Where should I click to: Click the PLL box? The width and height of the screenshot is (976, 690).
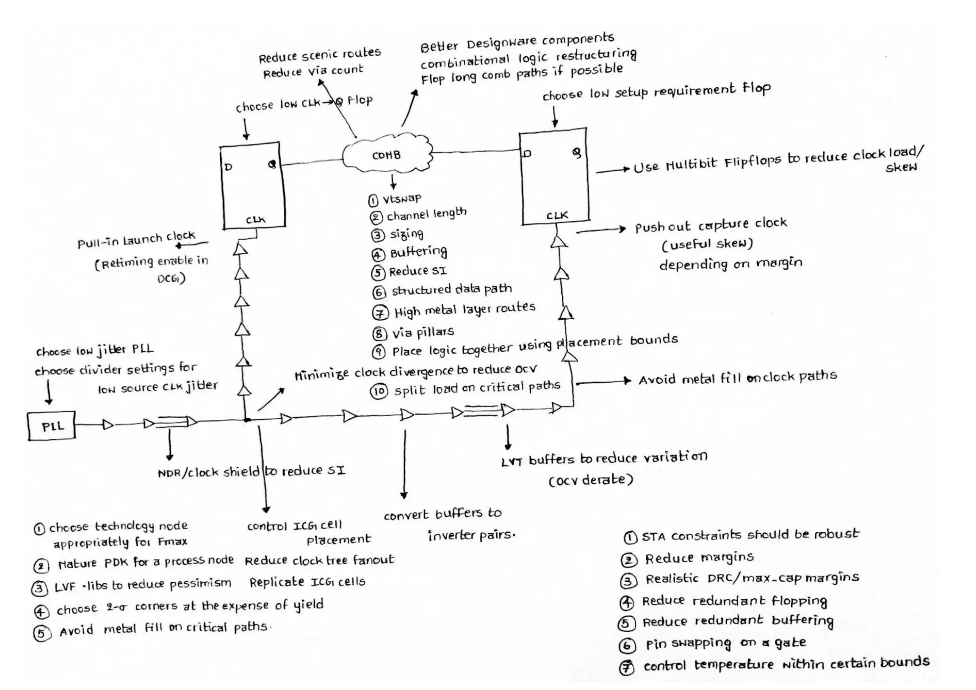[x=51, y=426]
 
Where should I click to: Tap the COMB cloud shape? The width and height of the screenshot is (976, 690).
[x=387, y=154]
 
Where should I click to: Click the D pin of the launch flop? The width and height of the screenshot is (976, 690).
[x=228, y=167]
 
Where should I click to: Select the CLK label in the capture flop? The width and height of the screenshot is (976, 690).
[x=557, y=215]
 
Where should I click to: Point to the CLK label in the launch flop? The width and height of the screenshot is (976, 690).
[x=255, y=220]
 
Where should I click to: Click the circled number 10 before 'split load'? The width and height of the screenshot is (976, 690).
[x=379, y=392]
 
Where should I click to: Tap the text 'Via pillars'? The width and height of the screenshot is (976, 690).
[x=423, y=332]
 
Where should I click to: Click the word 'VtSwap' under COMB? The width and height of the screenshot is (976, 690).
[x=402, y=198]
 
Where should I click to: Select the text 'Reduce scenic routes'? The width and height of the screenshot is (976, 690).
[x=319, y=55]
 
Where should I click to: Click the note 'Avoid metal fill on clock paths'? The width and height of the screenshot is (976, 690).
[x=737, y=378]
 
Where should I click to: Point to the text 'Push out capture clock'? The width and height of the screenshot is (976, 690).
[x=711, y=225]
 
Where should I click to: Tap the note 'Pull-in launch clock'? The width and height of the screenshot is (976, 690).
[x=136, y=239]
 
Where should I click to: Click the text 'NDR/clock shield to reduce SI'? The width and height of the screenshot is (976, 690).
[x=252, y=471]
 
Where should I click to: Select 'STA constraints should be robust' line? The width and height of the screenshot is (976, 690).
[x=750, y=535]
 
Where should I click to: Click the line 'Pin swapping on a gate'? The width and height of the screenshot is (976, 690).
[x=725, y=643]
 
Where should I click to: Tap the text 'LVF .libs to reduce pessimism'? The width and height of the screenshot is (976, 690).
[x=142, y=585]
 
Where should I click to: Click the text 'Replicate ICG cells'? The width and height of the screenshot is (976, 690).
[x=307, y=582]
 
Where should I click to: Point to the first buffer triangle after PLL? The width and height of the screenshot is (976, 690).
[x=108, y=424]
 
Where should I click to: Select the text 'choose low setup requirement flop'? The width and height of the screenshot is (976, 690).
[x=656, y=91]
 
